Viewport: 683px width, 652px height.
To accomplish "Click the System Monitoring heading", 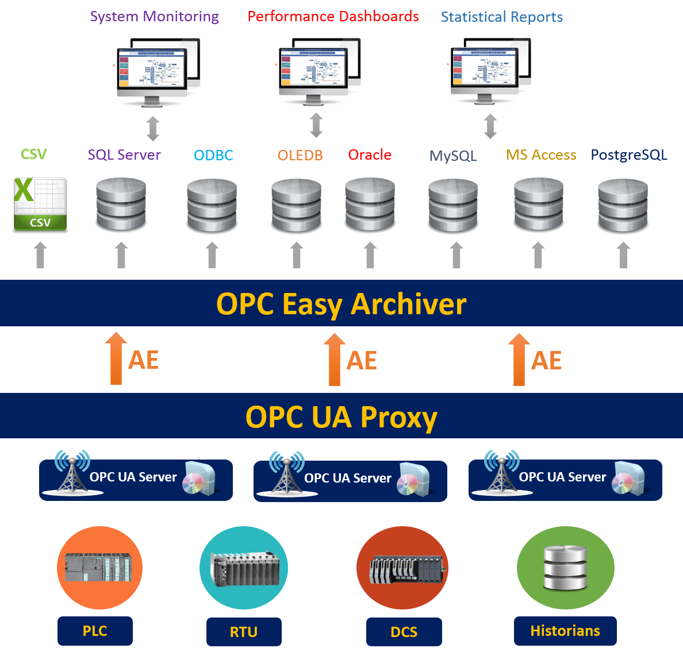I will [x=154, y=17].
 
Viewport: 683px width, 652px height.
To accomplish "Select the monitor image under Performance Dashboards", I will [x=323, y=70].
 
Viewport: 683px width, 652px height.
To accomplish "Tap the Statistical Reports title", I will [x=501, y=17].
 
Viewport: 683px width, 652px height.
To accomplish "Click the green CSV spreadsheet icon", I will [x=40, y=204].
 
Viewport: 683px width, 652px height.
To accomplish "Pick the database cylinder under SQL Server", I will [x=121, y=206].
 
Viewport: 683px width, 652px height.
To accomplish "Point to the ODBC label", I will [x=213, y=156].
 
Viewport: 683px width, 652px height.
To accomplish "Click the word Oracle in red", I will [x=370, y=155].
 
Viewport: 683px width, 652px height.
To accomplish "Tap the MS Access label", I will [x=541, y=155].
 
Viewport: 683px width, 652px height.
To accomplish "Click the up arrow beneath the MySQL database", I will [x=456, y=254].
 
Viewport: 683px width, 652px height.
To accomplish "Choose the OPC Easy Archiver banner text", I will [x=341, y=304].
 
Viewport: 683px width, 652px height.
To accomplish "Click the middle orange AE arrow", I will [x=334, y=360].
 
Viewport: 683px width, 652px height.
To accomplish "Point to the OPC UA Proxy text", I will [x=341, y=417].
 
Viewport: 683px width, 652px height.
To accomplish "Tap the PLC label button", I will [x=95, y=631].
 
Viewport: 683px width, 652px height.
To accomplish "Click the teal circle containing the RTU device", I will [x=244, y=568].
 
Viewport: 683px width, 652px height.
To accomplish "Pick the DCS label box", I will [x=404, y=632].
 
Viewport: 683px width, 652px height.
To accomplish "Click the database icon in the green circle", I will [x=565, y=568].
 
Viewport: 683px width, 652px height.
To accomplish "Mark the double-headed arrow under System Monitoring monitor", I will [x=152, y=129].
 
